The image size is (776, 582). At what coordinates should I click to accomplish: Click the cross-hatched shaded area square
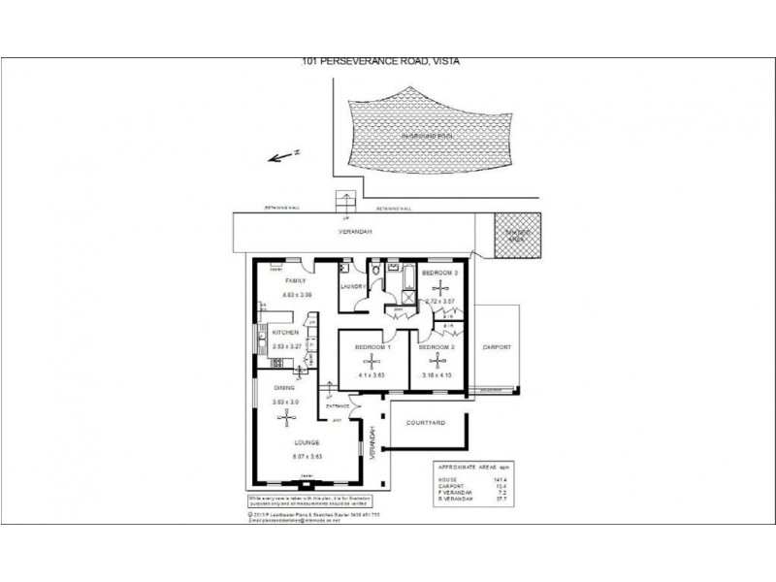click(514, 236)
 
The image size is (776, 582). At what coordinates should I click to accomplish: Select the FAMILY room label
click(282, 281)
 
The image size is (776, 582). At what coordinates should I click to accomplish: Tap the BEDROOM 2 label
click(438, 346)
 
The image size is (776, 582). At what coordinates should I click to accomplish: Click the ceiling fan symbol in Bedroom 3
click(440, 288)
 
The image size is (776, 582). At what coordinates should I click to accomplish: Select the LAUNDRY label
click(352, 287)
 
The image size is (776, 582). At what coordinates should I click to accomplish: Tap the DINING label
click(284, 388)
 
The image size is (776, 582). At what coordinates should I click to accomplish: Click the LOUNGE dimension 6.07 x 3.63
click(306, 456)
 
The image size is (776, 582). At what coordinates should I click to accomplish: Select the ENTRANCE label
click(337, 406)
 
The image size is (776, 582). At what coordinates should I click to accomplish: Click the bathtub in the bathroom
click(406, 280)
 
